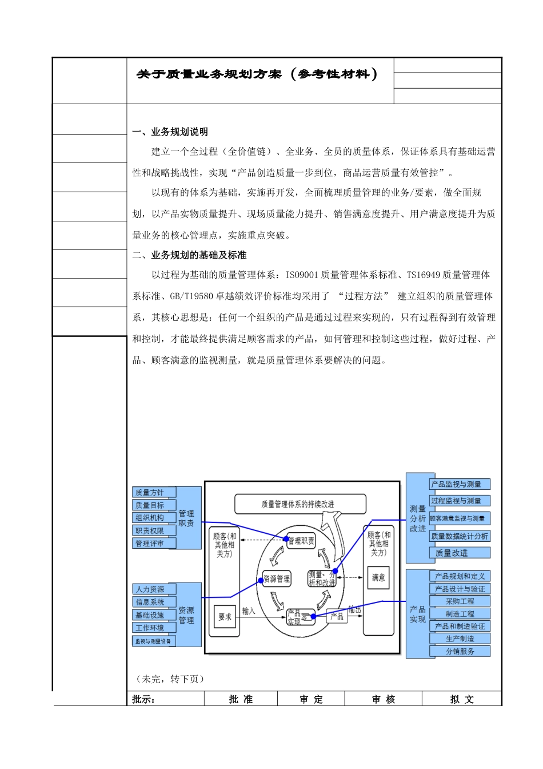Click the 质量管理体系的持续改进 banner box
[x=300, y=504]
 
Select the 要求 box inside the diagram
[x=225, y=617]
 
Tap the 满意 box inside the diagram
[x=378, y=577]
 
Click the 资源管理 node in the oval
[x=277, y=578]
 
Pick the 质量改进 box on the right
[x=459, y=553]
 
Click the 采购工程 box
[x=460, y=601]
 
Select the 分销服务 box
[x=460, y=651]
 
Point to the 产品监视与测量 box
[x=460, y=484]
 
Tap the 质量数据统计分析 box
[x=460, y=536]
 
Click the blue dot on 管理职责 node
[x=286, y=538]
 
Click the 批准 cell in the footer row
[x=241, y=699]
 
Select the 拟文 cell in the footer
[x=462, y=699]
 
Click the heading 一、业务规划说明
[x=170, y=132]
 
